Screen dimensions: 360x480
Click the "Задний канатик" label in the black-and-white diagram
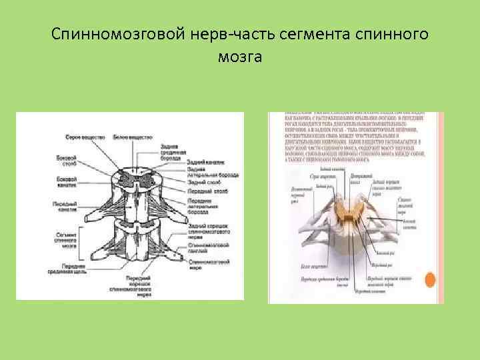click(x=205, y=162)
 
